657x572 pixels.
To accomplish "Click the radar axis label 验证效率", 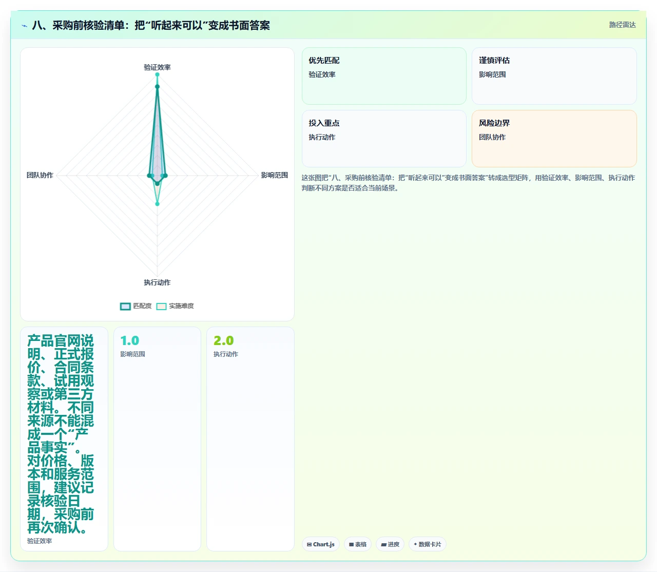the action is tap(157, 67).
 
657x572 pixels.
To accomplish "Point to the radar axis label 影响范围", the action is tap(274, 175).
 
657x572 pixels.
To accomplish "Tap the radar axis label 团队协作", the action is tap(40, 175).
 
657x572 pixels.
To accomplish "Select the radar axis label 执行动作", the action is tap(157, 282).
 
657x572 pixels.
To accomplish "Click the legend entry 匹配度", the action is tap(136, 306).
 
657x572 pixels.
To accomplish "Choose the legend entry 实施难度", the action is tap(175, 306).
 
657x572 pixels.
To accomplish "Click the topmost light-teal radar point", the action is tap(158, 74).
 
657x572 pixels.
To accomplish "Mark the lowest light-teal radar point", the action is tap(158, 204).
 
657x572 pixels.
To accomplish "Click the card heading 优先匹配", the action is tap(324, 61).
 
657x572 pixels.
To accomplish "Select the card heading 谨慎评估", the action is tap(494, 61).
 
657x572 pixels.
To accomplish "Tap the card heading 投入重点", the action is tap(324, 123).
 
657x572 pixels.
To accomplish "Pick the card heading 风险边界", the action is tap(494, 123).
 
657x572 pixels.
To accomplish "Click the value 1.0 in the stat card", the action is tap(130, 340).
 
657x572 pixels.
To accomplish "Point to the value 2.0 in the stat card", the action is tap(223, 340).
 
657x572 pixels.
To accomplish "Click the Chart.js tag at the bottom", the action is tap(320, 544).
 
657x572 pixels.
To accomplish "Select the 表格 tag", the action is tap(358, 544).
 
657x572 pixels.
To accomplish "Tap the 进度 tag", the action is tap(390, 544).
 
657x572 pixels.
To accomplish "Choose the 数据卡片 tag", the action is tap(428, 544).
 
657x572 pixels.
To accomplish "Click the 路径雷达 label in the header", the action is tap(622, 25).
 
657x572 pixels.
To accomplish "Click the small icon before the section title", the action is tap(25, 26).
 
